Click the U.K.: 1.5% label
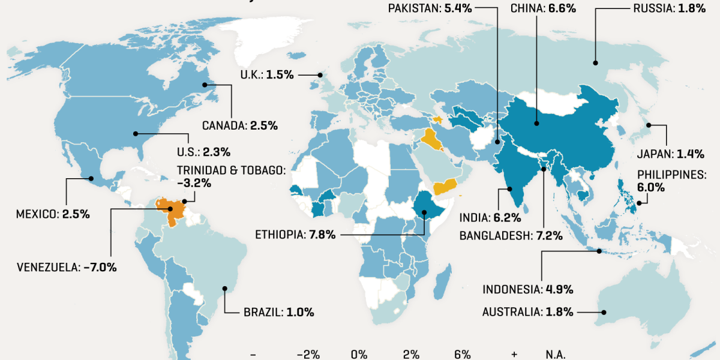click(267, 75)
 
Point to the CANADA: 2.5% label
click(239, 126)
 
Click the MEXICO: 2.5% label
click(53, 214)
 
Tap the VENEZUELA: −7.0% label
click(67, 267)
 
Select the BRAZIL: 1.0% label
click(278, 312)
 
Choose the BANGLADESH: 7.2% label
click(511, 236)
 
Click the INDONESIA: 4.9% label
click(528, 289)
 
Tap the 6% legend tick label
click(463, 354)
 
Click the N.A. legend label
click(555, 354)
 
